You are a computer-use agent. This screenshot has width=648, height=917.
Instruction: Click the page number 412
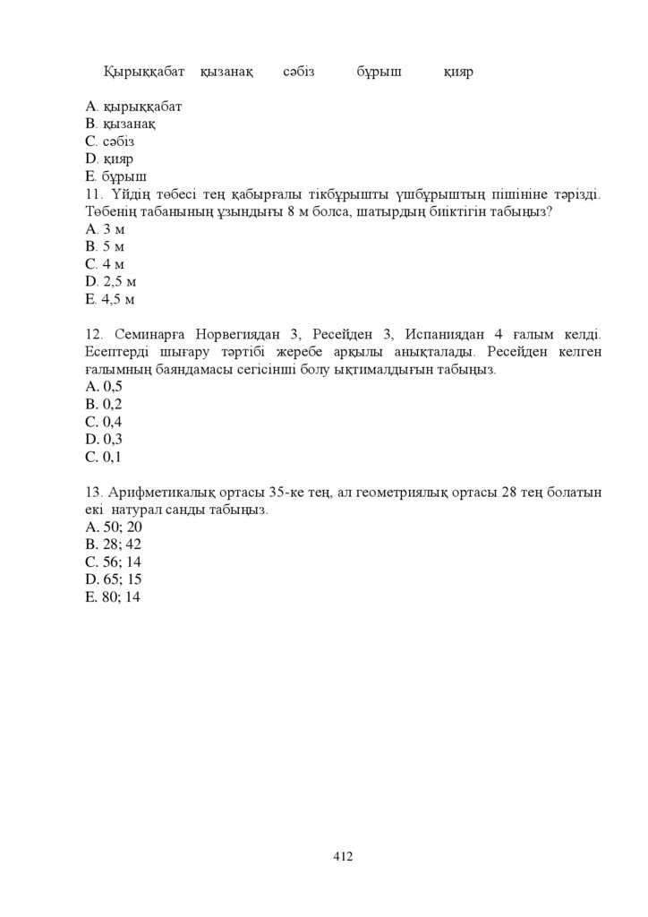pyautogui.click(x=343, y=856)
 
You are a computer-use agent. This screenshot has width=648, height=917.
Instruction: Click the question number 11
pyautogui.click(x=94, y=194)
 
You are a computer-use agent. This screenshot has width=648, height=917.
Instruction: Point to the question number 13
pyautogui.click(x=94, y=493)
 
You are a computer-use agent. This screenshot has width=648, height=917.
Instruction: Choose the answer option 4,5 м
pyautogui.click(x=110, y=299)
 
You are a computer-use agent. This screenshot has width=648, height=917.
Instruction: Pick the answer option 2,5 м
pyautogui.click(x=110, y=281)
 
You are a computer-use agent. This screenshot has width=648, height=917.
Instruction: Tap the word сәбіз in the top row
pyautogui.click(x=298, y=71)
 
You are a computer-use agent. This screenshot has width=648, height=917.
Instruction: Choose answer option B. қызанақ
pyautogui.click(x=115, y=124)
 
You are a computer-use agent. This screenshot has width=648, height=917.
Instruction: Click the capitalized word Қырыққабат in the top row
pyautogui.click(x=144, y=71)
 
